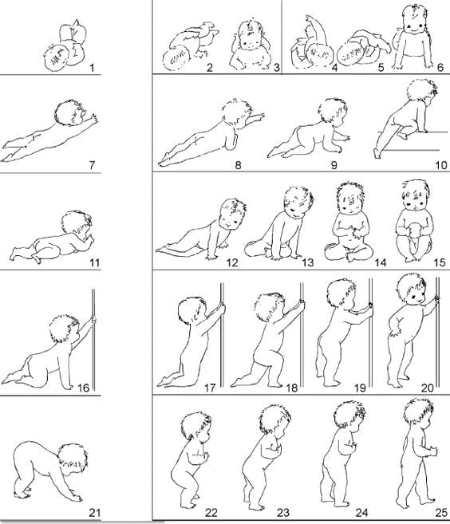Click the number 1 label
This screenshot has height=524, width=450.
[x=92, y=68]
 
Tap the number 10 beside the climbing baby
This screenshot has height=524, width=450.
[x=441, y=165]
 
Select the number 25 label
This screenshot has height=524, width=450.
[x=441, y=512]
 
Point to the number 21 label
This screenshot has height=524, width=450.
[x=95, y=512]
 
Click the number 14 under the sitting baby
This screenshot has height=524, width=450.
[x=380, y=262]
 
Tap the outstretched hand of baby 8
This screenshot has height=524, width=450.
[x=258, y=117]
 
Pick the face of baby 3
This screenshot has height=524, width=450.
[x=248, y=42]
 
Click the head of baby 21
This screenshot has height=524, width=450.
[x=73, y=459]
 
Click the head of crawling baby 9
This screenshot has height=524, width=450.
[x=333, y=111]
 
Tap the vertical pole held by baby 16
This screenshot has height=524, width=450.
[x=93, y=340]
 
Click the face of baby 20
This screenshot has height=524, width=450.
[x=415, y=295]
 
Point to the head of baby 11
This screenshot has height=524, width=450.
[x=77, y=225]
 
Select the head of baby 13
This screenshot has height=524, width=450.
[x=298, y=202]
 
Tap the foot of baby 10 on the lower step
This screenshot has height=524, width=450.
[x=377, y=154]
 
